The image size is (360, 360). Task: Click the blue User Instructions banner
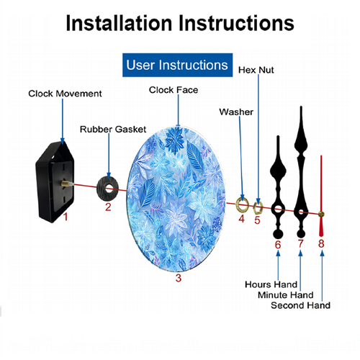coord(177,65)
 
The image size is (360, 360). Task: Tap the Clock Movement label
coord(65,94)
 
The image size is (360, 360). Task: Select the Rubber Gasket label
coord(113,130)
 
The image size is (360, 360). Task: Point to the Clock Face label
coord(174,90)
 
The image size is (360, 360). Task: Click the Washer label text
coord(236,112)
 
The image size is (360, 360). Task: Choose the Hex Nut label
coord(256,70)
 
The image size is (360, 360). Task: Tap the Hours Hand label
coord(271,284)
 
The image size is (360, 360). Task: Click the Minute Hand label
coord(286,295)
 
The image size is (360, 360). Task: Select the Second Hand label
coord(300,305)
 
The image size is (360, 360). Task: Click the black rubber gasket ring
coord(101,189)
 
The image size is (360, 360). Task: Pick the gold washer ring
coord(238,204)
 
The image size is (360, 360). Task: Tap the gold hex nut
coord(258,208)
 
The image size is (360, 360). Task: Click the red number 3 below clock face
coord(179,278)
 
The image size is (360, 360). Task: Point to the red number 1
coord(66,217)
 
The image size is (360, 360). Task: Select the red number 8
coord(321,244)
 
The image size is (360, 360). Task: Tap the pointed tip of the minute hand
coord(301,107)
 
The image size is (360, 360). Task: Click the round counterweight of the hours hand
coord(278,234)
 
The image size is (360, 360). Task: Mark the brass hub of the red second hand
coord(321,215)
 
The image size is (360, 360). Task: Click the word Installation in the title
coord(119,23)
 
